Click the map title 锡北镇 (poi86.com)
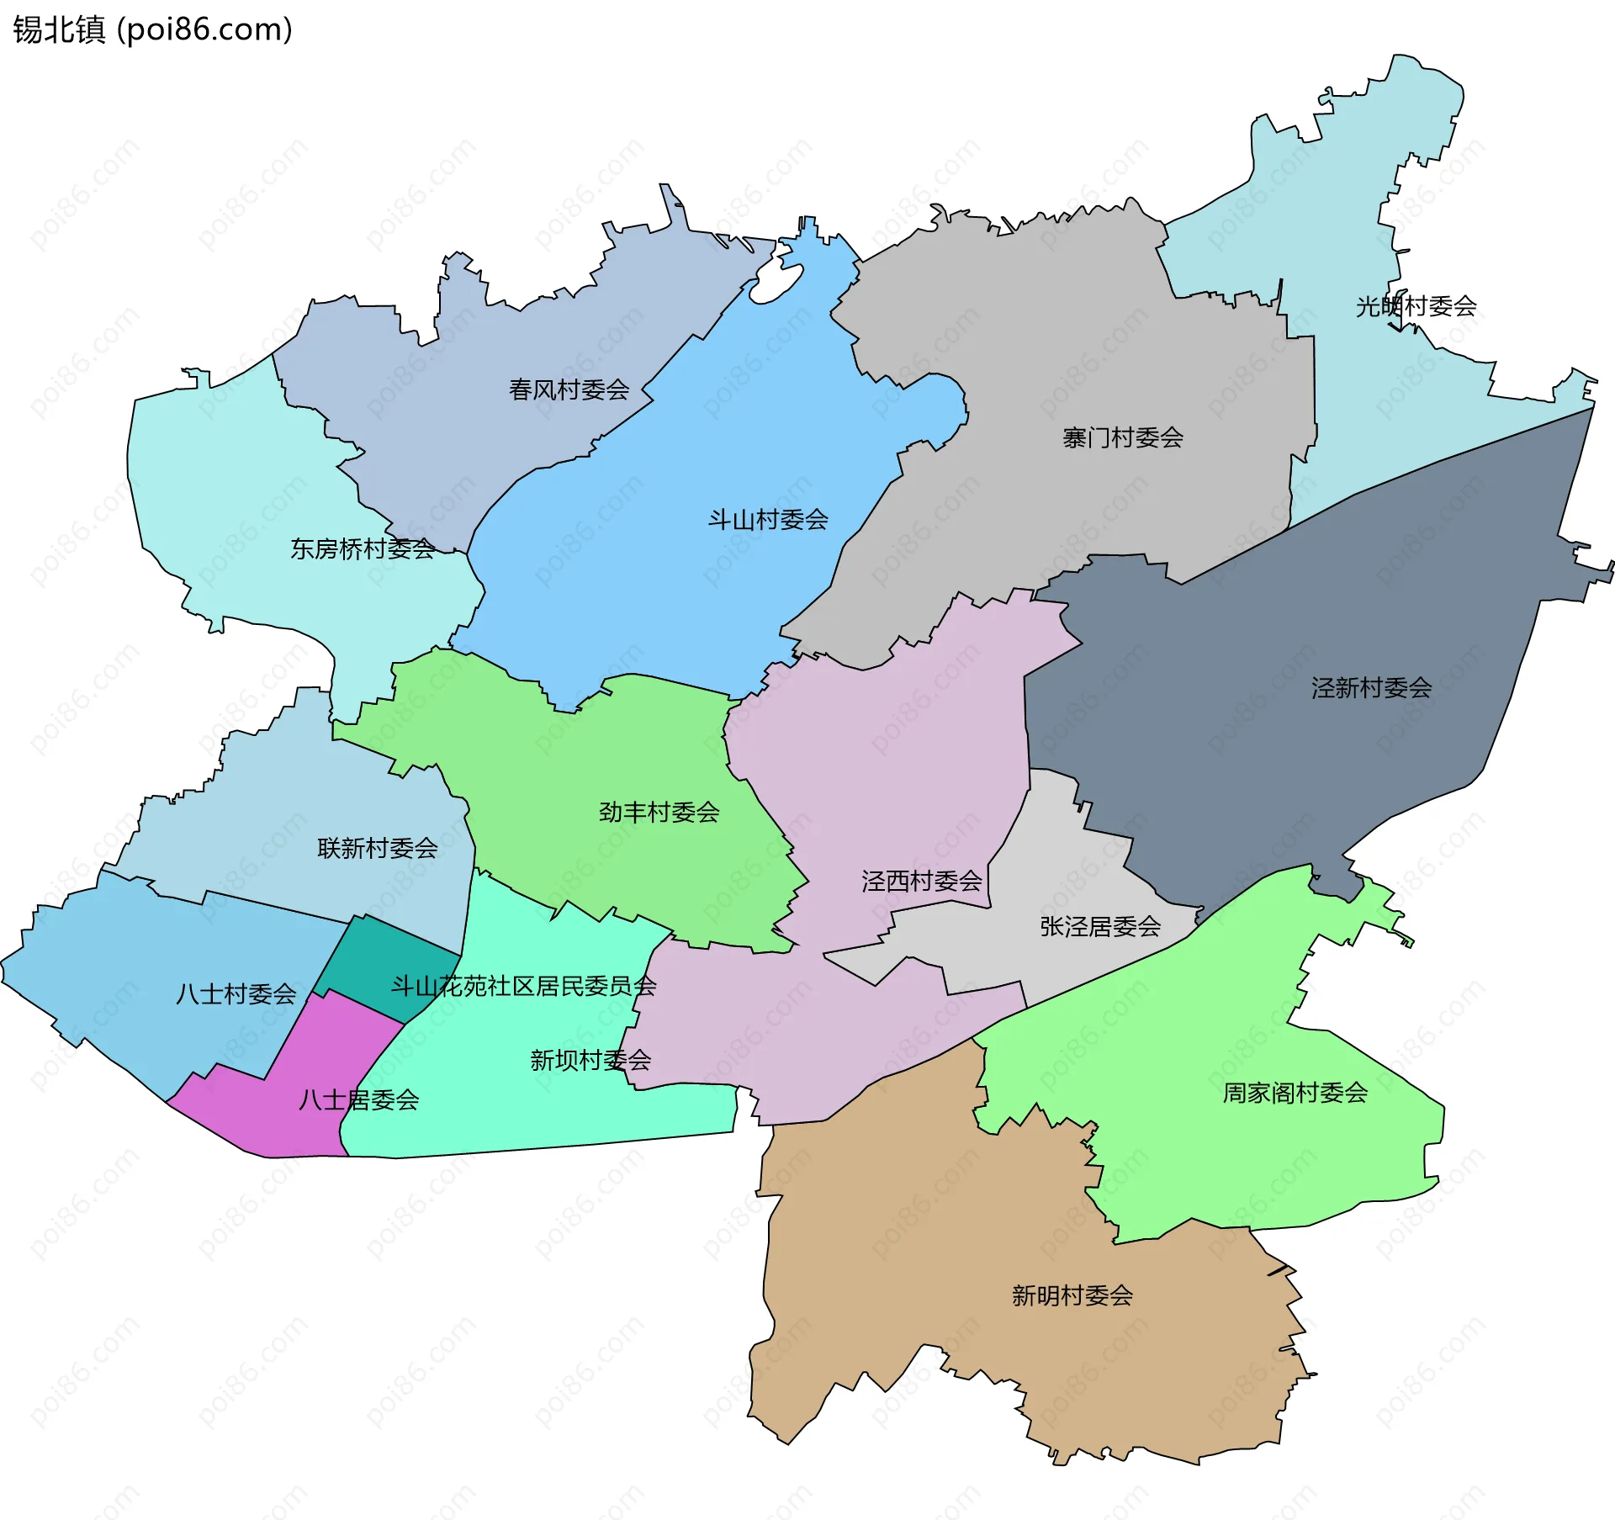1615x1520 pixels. point(152,29)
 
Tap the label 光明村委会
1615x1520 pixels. point(1416,306)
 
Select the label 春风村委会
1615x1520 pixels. point(569,389)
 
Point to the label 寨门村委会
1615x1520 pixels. point(1122,437)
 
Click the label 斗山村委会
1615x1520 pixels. point(767,520)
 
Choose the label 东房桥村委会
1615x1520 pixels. point(363,548)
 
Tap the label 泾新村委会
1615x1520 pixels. point(1370,688)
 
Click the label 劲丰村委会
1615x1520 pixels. point(659,812)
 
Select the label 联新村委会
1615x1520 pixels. point(377,848)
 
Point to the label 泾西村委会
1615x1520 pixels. point(921,881)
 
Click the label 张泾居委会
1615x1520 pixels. point(1099,926)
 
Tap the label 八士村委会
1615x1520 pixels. point(236,994)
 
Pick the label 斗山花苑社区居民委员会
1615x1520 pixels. point(523,986)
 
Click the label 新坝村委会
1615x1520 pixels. point(590,1060)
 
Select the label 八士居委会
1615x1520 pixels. point(358,1099)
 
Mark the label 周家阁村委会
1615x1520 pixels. point(1295,1093)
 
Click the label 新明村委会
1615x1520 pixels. point(1072,1295)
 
